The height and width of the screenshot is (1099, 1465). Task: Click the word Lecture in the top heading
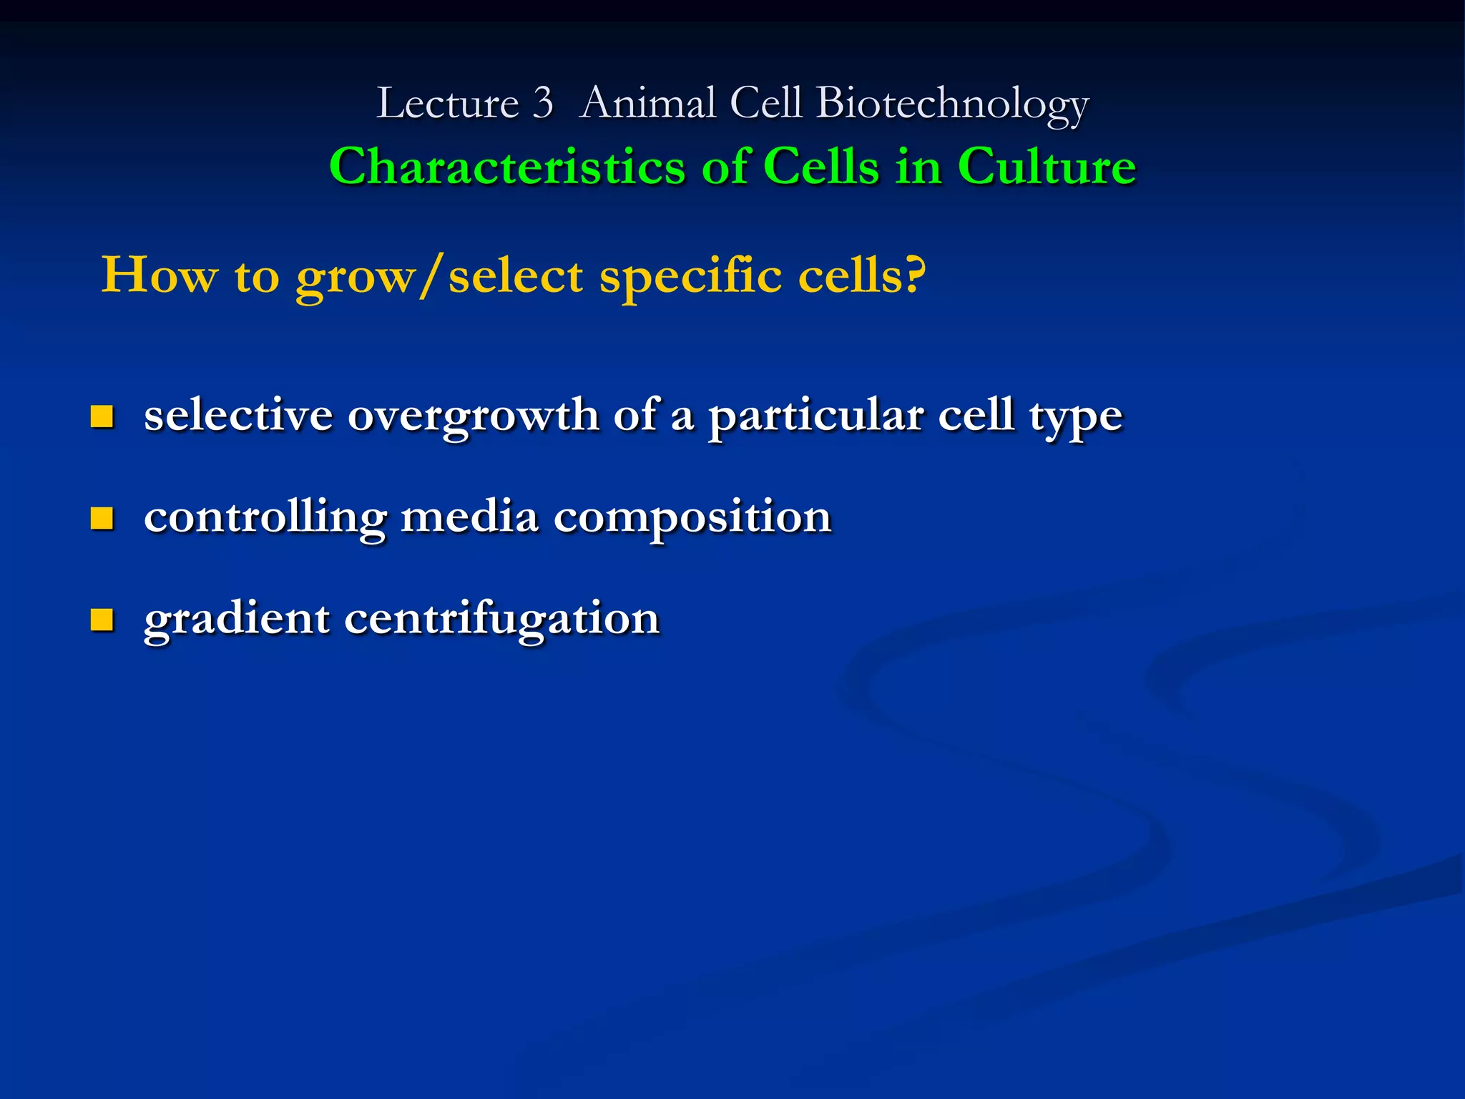447,104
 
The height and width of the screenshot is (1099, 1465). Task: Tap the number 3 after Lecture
543,104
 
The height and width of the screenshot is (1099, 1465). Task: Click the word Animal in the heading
648,104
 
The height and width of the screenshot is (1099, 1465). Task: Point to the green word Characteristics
507,167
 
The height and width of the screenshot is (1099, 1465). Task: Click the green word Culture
1047,167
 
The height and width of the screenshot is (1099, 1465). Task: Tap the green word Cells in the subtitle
820,167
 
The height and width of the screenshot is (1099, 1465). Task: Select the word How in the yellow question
159,275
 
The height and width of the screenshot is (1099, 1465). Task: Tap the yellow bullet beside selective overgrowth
102,416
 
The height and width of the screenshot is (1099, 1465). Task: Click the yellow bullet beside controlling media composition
102,518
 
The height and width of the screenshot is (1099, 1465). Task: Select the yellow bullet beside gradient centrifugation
102,620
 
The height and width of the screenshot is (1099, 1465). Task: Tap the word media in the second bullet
469,517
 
